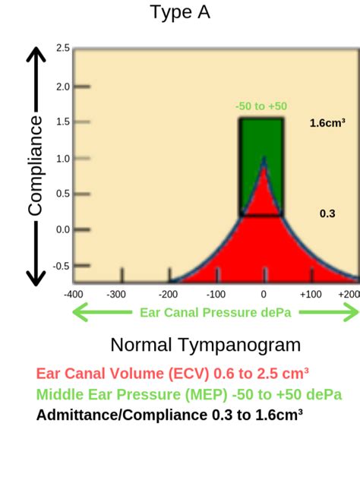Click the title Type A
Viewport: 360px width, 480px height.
point(180,13)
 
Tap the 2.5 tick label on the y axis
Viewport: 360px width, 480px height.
point(63,49)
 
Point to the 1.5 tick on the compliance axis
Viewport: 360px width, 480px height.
point(63,122)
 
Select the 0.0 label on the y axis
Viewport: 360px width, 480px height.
point(63,229)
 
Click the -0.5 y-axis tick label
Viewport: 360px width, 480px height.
point(62,266)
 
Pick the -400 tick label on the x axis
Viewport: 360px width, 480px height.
point(74,294)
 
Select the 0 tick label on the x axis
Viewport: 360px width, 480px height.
point(264,294)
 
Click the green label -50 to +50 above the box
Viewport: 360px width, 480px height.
point(261,106)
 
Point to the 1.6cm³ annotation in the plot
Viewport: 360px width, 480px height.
point(327,122)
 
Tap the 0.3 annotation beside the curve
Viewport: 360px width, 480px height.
point(327,214)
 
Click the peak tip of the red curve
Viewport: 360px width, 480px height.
point(264,159)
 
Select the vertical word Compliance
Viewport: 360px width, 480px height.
point(35,165)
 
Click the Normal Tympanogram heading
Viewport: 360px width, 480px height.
point(205,345)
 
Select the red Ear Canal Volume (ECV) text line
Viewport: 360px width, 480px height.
point(172,374)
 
